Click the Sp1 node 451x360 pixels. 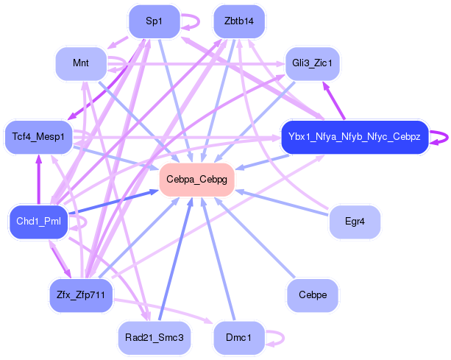pyautogui.click(x=154, y=21)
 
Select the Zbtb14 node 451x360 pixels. pyautogui.click(x=238, y=21)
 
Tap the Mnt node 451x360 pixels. pyautogui.click(x=81, y=63)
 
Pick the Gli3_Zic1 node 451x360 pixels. pyautogui.click(x=311, y=63)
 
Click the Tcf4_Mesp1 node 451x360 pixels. pyautogui.click(x=38, y=136)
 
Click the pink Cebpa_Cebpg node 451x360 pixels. pyautogui.click(x=196, y=179)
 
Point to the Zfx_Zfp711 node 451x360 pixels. pyautogui.click(x=81, y=294)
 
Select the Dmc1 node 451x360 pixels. pyautogui.click(x=238, y=336)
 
